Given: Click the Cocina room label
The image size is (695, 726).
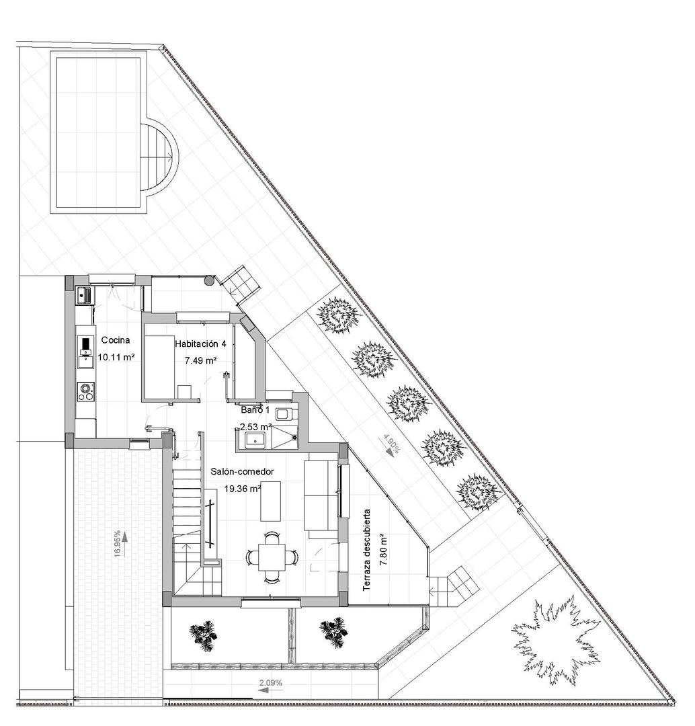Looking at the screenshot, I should coord(114,340).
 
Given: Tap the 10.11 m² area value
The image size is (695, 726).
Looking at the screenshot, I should coord(117,358).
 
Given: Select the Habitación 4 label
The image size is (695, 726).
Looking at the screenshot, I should coord(200,344).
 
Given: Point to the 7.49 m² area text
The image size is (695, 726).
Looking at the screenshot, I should coord(200,360).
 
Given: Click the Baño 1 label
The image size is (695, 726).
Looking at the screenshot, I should coord(255,409).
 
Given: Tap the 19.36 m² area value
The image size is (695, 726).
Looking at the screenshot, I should coord(243,489).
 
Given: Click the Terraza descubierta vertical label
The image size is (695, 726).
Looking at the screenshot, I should coord(367,550).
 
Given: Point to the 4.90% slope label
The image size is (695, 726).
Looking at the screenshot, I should coord(391,445).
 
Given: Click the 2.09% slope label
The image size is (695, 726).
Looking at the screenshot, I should coord(270,683).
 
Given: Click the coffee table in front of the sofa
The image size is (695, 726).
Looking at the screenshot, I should coord(271,501).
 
